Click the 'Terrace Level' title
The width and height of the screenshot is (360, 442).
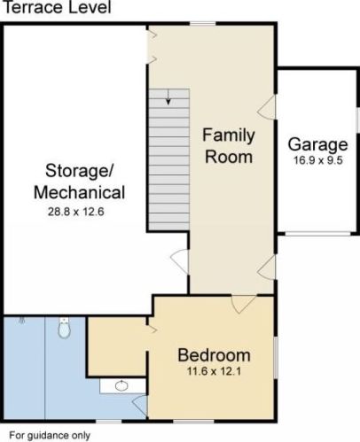(x=58, y=7)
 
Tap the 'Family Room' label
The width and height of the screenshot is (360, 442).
(x=229, y=146)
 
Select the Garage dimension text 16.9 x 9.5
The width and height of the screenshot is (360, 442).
(x=318, y=160)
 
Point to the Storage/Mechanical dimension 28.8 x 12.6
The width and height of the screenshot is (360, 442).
(x=76, y=212)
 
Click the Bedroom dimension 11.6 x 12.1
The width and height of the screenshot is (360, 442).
(x=214, y=371)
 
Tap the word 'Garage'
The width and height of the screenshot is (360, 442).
(x=318, y=144)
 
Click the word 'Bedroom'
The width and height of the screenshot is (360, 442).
(x=214, y=355)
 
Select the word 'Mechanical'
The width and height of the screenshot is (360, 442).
(x=80, y=192)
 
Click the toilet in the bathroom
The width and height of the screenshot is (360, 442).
(x=64, y=328)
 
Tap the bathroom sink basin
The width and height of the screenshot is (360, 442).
(x=121, y=385)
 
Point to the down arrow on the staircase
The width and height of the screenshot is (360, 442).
(x=168, y=97)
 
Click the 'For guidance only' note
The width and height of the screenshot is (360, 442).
(x=50, y=436)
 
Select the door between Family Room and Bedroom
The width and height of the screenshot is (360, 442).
(x=244, y=304)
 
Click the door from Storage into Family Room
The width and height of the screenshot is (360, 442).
(x=179, y=261)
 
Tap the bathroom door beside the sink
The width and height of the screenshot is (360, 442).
(x=139, y=406)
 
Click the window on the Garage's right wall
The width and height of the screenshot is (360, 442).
(x=358, y=120)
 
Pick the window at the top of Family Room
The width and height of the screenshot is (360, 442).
(x=203, y=23)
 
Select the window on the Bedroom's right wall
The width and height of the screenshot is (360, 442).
(x=276, y=358)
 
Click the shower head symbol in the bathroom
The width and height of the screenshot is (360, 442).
(x=22, y=320)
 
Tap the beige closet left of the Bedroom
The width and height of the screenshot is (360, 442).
(x=117, y=346)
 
